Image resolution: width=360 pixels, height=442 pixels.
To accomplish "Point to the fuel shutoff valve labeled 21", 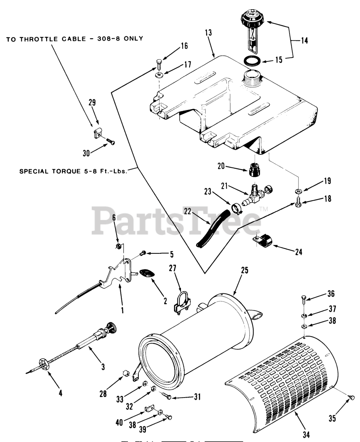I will pos(256,195).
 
